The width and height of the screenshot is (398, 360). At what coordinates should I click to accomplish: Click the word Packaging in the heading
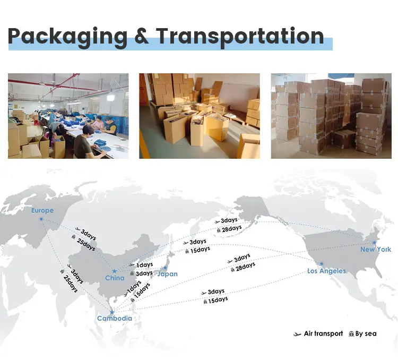tap(68, 37)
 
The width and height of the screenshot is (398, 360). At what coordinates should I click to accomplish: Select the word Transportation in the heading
tap(240, 36)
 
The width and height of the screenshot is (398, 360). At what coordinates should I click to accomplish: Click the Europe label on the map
tap(42, 210)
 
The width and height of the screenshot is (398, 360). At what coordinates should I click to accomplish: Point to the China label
tap(115, 278)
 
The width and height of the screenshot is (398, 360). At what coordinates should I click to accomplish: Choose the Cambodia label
tap(114, 319)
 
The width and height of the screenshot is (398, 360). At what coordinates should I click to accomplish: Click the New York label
tap(376, 250)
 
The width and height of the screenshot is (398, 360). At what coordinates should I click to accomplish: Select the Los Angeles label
tap(326, 271)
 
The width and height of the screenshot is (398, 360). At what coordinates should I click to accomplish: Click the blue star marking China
tap(114, 271)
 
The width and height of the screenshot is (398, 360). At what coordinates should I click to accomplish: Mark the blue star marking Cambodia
tap(112, 312)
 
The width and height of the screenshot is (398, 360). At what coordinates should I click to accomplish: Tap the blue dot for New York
tap(374, 242)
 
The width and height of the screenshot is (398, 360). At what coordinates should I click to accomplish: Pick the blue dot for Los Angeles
tap(321, 264)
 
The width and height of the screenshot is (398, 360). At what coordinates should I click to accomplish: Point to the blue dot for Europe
tap(42, 218)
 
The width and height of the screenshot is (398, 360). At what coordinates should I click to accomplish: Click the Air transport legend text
tap(323, 333)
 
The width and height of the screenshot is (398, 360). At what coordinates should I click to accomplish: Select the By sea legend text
tap(366, 333)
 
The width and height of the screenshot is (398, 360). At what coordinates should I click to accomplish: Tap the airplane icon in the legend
tap(297, 334)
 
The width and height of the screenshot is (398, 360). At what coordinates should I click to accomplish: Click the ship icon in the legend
tap(351, 333)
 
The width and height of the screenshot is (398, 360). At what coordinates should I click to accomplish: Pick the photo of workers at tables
tap(68, 116)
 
